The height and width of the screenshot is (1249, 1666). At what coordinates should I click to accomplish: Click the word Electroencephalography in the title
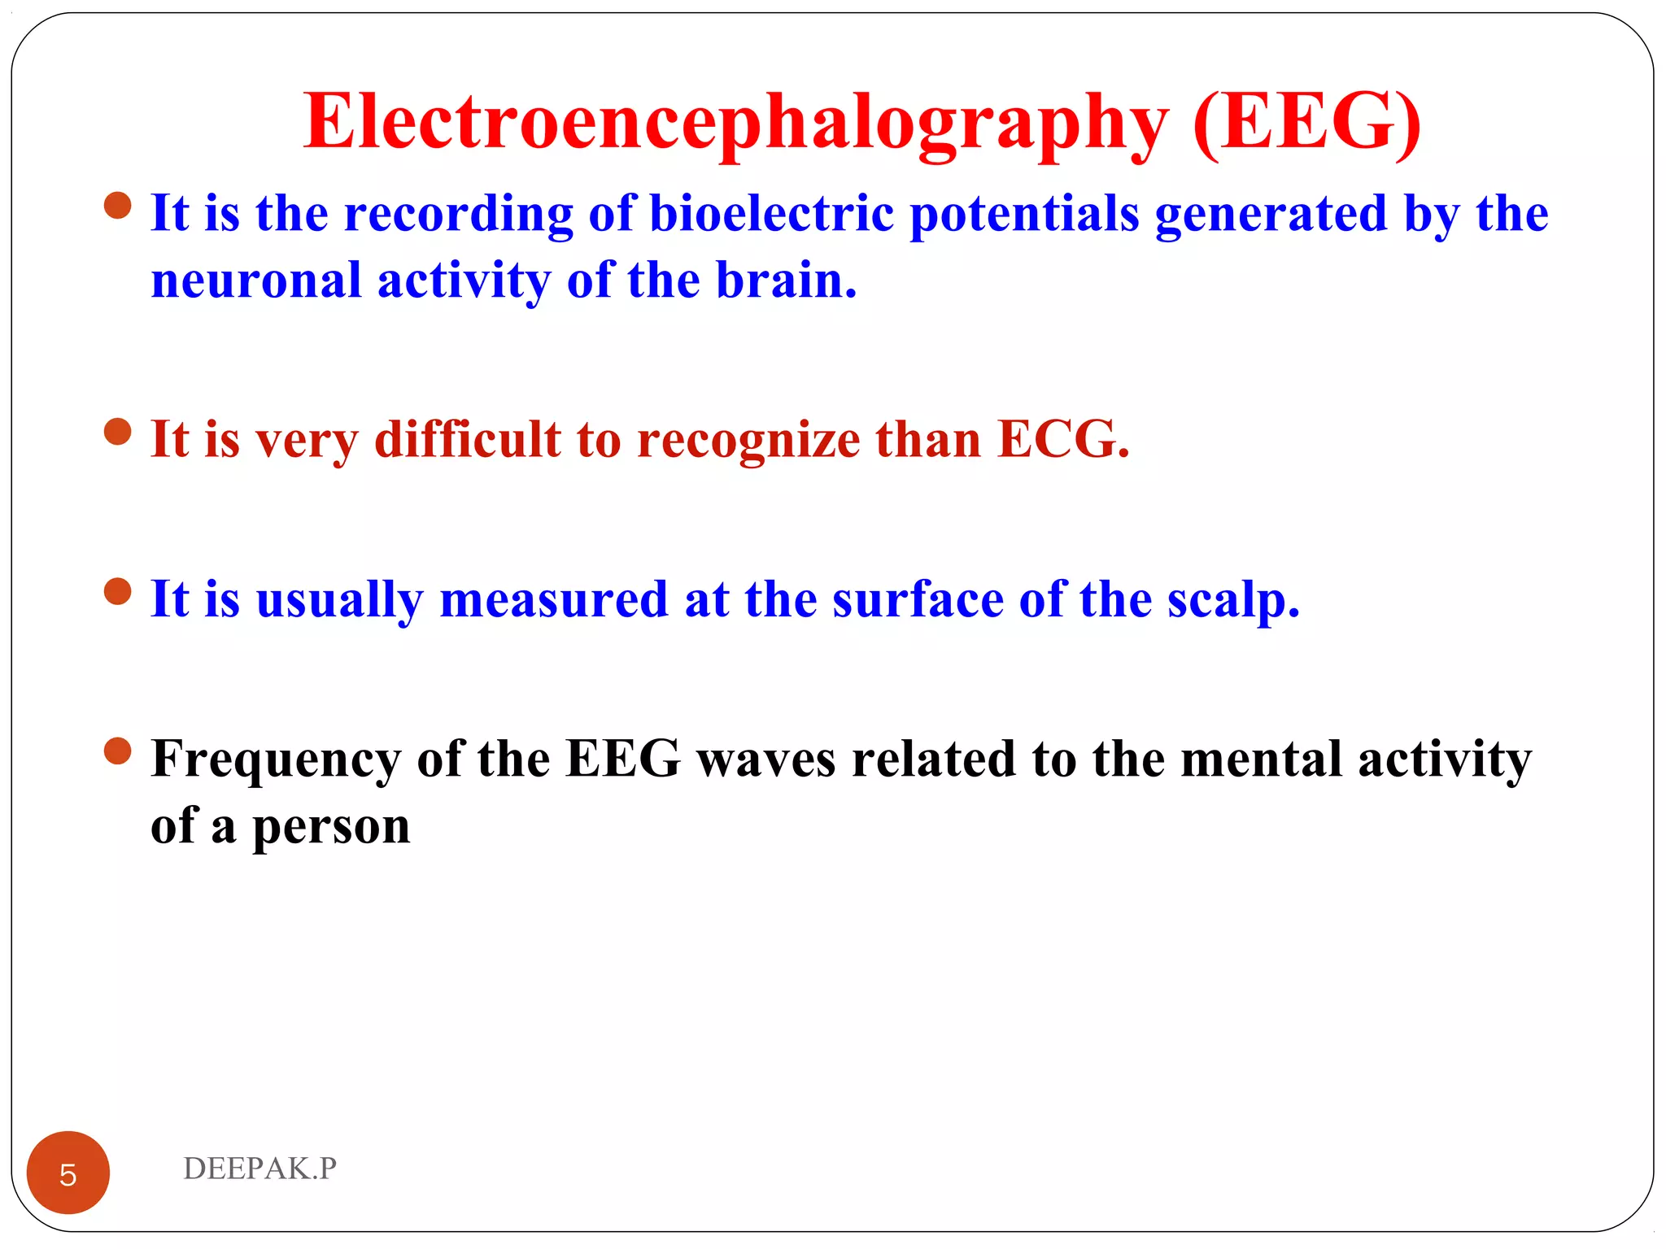click(735, 122)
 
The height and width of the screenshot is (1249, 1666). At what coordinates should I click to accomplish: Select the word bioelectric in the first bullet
click(771, 214)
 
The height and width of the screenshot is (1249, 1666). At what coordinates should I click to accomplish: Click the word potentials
click(1024, 214)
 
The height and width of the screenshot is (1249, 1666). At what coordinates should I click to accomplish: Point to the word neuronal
click(256, 281)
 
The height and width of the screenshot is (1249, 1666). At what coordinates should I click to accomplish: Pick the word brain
click(786, 281)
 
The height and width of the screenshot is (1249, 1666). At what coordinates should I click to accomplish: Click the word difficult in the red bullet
click(468, 440)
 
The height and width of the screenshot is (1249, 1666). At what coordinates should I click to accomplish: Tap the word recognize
click(748, 440)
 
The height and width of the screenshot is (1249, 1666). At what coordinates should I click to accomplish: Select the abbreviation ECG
click(1063, 440)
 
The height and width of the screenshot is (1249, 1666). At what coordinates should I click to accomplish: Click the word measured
click(553, 600)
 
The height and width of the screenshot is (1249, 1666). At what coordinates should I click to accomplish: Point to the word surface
click(918, 600)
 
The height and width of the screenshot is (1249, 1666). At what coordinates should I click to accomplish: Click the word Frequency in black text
click(276, 760)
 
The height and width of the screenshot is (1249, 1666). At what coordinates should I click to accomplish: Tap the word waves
click(766, 760)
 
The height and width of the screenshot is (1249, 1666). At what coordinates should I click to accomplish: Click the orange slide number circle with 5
click(68, 1173)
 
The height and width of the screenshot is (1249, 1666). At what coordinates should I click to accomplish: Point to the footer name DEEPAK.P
click(259, 1168)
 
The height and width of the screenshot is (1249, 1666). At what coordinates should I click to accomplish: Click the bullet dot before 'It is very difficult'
click(118, 432)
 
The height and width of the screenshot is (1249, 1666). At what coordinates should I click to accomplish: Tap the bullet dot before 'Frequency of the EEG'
click(118, 751)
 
